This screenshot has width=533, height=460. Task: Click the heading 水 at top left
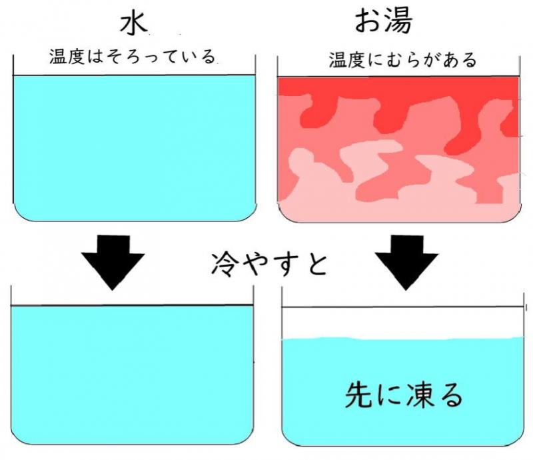(134, 24)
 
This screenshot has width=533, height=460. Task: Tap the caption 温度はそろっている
(133, 57)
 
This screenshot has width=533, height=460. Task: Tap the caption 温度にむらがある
(403, 60)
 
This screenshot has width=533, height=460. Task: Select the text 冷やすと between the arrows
(269, 264)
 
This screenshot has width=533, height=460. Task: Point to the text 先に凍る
(404, 395)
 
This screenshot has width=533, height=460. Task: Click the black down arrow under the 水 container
(113, 262)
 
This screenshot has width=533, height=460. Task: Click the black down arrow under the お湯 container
(406, 262)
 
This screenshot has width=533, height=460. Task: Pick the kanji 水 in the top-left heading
(134, 24)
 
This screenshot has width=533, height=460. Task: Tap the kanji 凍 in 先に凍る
(420, 395)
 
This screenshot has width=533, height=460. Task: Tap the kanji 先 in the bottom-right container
(358, 395)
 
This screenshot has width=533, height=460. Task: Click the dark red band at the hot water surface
(398, 86)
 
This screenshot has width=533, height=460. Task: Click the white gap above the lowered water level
(403, 323)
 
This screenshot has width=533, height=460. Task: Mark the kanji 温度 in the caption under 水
(67, 57)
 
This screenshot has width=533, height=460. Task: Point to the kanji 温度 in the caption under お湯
(346, 60)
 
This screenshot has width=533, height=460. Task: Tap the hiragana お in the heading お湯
(369, 22)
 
